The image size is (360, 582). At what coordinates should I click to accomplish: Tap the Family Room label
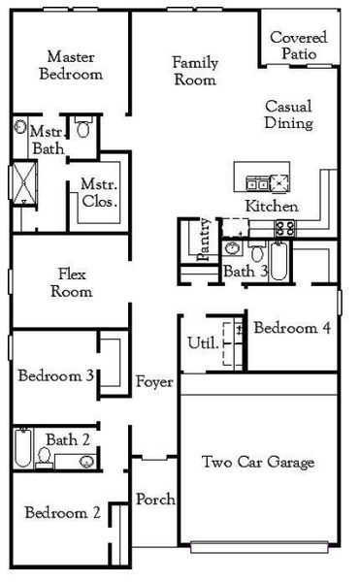point(194,71)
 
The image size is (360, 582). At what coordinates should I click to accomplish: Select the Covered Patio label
point(298,46)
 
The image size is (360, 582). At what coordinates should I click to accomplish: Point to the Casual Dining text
point(288,115)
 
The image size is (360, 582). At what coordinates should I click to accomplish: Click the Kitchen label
point(272,207)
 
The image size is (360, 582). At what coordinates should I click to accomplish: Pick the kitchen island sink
point(258,181)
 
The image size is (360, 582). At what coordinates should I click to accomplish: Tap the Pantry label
point(205,244)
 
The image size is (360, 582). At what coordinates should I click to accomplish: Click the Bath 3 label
point(245,271)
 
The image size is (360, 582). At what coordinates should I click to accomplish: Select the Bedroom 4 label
point(292,328)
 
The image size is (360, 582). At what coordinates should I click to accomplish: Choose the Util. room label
point(201,342)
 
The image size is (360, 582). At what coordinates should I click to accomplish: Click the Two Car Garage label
point(258,462)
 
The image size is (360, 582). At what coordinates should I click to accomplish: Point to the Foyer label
point(154,382)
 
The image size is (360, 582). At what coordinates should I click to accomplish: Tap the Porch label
point(155,500)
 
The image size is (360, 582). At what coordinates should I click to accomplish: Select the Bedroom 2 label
point(63,512)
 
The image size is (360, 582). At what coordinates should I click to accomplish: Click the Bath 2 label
point(68,439)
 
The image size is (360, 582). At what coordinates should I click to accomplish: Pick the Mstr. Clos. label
point(99,194)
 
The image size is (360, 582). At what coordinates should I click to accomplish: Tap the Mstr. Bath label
point(46,140)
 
